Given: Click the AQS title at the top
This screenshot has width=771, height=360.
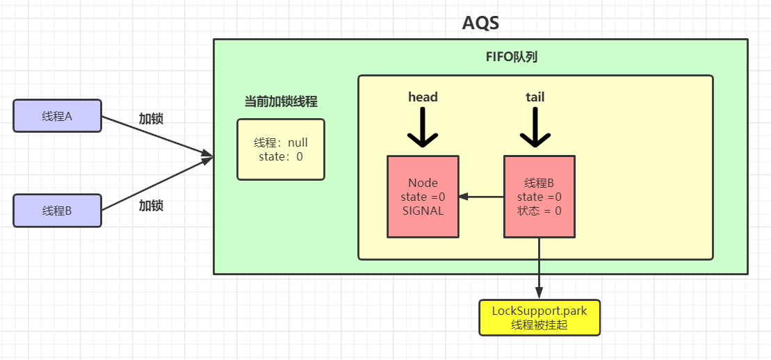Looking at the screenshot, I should click(480, 23).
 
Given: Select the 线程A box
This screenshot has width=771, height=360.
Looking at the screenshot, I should click(57, 116).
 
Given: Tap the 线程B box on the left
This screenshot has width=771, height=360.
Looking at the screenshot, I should click(57, 211).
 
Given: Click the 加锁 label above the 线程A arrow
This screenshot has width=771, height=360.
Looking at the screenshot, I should click(151, 119).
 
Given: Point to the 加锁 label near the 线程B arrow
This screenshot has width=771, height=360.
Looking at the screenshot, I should click(151, 206).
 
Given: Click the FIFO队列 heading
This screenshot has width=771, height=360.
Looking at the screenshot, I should click(511, 57).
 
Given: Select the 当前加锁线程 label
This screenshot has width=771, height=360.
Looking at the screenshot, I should click(281, 101).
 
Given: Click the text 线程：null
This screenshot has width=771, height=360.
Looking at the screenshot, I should click(281, 142).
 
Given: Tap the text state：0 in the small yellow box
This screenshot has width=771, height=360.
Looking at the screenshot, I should click(281, 156).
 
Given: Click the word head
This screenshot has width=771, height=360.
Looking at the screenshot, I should click(423, 97).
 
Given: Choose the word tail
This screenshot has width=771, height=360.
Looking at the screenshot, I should click(535, 97).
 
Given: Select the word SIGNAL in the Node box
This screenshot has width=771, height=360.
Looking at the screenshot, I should click(423, 211).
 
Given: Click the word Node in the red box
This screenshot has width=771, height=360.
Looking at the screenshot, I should click(423, 183).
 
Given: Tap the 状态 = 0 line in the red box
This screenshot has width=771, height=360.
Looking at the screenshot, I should click(539, 211).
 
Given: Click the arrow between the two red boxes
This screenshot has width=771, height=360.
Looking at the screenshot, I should click(481, 197).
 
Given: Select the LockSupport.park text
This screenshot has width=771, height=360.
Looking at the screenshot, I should click(539, 311).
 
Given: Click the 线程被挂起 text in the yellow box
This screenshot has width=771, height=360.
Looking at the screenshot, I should click(539, 325).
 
